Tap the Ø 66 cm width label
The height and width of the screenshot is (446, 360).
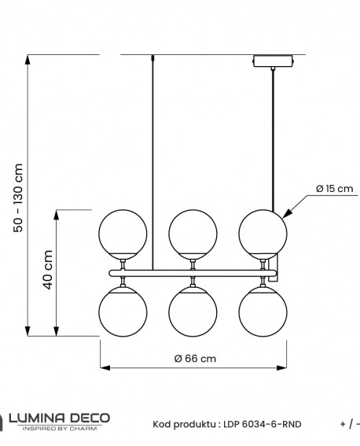194,358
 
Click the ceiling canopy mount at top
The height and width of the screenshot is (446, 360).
271,61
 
